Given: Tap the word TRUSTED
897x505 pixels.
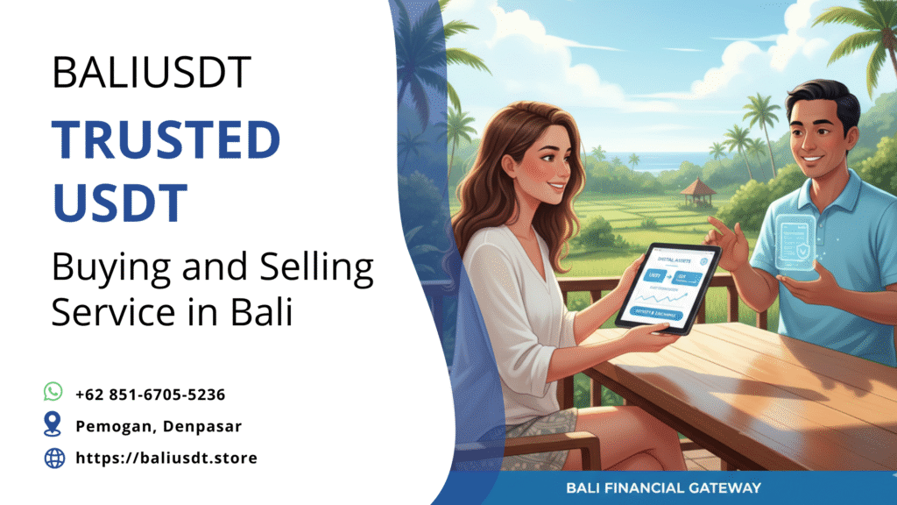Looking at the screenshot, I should [166, 140].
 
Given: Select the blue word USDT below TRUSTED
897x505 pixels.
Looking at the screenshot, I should [120, 203].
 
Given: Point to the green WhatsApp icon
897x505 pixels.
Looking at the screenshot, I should [54, 391].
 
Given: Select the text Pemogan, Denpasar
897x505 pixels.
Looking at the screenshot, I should [159, 426].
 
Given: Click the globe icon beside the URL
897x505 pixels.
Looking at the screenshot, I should [54, 458].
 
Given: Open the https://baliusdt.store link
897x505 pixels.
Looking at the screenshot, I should [166, 458].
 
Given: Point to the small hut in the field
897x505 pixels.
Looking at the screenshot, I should [697, 190].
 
